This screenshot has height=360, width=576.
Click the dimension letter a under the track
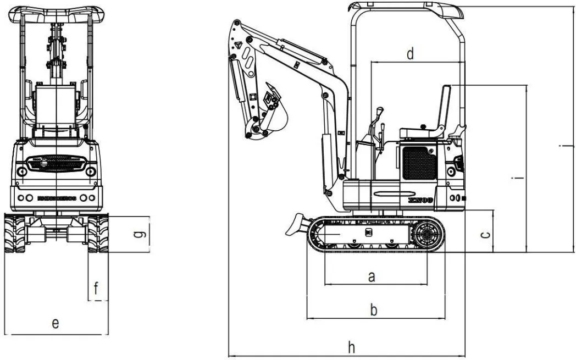point(372,277)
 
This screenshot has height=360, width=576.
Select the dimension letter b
point(374,310)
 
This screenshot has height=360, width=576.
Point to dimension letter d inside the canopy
point(410,54)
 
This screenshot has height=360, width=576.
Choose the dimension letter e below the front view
point(56,323)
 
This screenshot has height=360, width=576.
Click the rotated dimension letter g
point(141,235)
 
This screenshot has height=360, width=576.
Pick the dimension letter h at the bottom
point(351,347)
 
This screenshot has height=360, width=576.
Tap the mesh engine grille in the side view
point(419,163)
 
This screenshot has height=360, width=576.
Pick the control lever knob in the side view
point(379,112)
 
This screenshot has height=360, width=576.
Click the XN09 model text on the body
point(422,201)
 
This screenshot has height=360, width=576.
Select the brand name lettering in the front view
point(57,198)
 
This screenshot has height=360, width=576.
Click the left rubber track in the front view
point(15,234)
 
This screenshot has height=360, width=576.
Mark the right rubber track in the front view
point(98,234)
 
